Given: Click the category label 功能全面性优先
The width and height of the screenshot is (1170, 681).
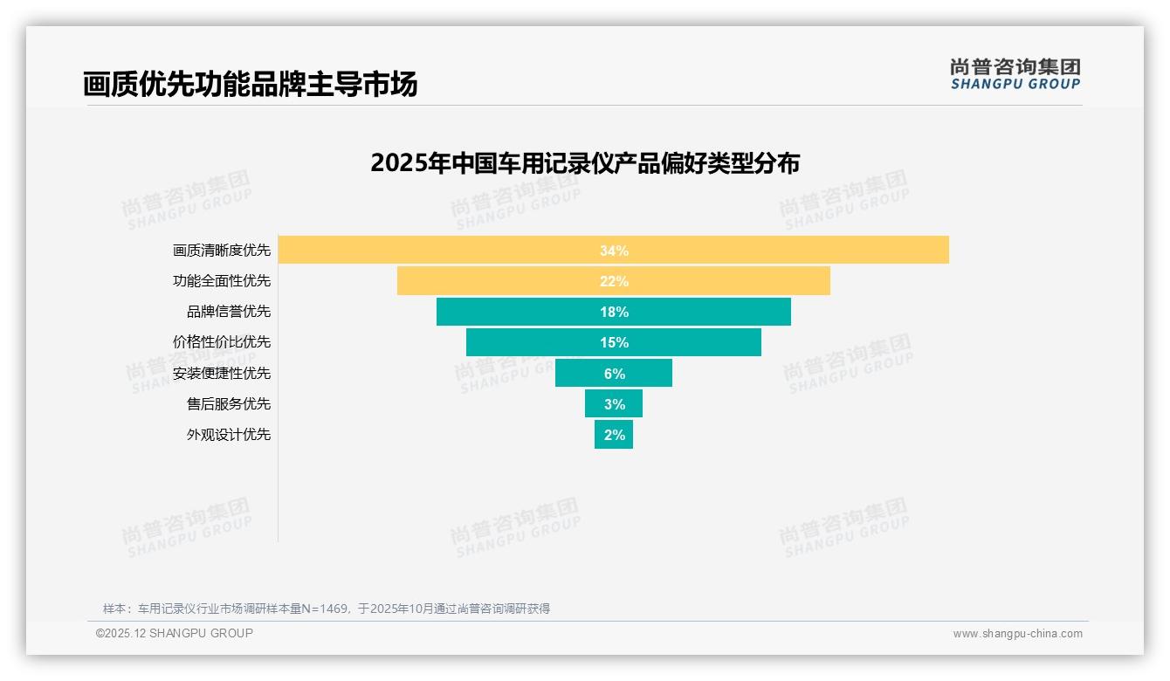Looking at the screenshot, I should pos(222,281).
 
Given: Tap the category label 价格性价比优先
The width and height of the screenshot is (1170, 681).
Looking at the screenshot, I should pos(222,342).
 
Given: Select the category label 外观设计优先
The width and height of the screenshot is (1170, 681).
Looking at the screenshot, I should pos(229,434).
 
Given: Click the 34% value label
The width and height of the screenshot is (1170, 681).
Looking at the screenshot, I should pos(614,251).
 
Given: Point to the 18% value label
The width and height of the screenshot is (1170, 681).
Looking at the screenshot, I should pos(614,312).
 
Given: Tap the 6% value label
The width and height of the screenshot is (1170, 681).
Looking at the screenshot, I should pos(614,374).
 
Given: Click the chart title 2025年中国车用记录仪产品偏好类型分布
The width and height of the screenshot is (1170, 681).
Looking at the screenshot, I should pos(585,163).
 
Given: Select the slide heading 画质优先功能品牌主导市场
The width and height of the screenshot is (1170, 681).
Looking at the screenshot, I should pos(250,84).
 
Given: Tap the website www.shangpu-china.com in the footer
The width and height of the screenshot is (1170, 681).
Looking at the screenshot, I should pos(1017,634).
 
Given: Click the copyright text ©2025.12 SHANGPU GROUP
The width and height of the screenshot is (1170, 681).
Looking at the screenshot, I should pos(175,633).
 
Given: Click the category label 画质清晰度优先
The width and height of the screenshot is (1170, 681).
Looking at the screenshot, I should pos(222,251).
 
